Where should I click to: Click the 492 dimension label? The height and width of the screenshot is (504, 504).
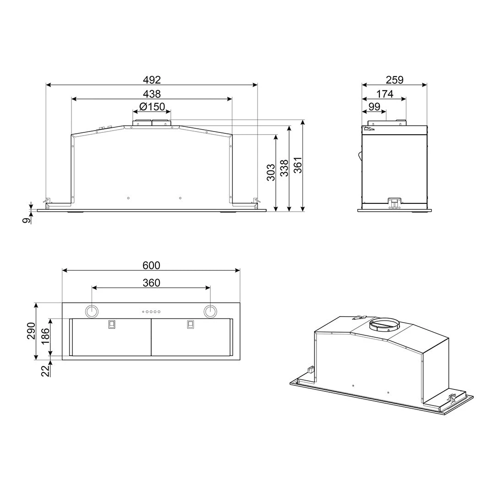(152, 80)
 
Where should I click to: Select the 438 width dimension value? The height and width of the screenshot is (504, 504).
(152, 94)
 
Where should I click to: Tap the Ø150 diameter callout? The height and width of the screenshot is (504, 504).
(152, 107)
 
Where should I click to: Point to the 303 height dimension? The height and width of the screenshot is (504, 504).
(271, 172)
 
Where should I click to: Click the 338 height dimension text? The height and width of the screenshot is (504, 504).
(284, 169)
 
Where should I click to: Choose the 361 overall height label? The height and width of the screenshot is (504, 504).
(298, 165)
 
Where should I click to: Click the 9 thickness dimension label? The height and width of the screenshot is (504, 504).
(27, 220)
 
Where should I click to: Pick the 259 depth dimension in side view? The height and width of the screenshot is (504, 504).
(394, 80)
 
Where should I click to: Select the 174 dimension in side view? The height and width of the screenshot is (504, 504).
(384, 94)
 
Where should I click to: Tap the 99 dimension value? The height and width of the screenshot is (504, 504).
(374, 107)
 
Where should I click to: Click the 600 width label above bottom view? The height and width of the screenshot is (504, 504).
(151, 265)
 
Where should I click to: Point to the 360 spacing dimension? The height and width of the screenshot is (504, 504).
(151, 283)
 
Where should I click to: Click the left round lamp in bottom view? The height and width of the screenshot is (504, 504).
(92, 311)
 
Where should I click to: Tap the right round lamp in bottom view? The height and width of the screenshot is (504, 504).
(210, 311)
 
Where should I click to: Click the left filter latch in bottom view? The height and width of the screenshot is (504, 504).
(111, 324)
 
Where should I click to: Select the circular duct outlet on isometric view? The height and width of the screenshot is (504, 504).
(384, 325)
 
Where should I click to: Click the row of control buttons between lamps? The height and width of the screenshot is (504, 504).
(151, 312)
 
